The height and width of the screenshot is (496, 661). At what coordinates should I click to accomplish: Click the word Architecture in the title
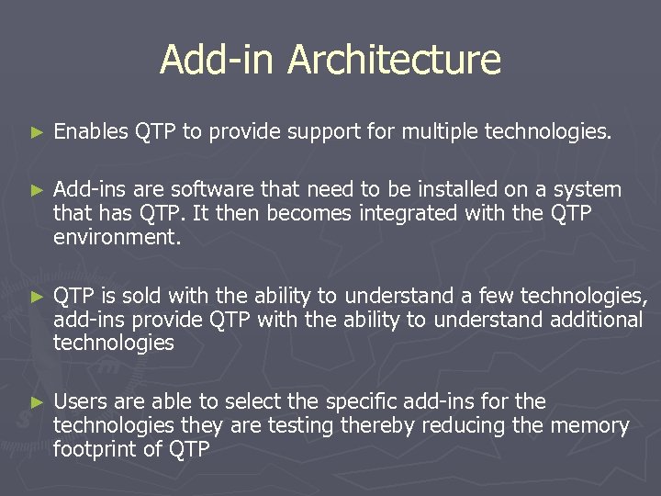tap(394, 61)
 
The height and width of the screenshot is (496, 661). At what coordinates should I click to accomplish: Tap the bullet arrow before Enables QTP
tap(37, 133)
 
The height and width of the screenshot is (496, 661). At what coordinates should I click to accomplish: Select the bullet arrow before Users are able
tap(37, 402)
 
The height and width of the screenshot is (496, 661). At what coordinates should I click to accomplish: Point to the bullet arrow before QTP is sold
tap(37, 297)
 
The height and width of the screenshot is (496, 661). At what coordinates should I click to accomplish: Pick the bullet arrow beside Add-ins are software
tap(37, 190)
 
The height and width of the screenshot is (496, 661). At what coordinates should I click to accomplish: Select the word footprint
tap(95, 449)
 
